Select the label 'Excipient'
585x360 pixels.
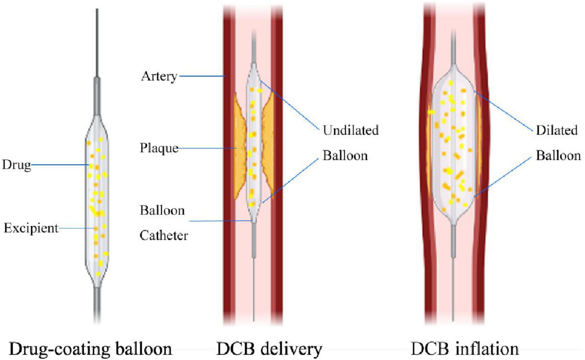coord(30,227)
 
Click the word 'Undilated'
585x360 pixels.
coord(350,131)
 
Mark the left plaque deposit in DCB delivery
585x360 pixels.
coord(239,146)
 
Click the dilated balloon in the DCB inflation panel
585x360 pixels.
coord(453,146)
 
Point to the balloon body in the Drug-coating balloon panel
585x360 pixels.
coord(97,195)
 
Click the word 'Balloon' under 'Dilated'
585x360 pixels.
coord(559,156)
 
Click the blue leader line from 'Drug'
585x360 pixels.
coord(58,166)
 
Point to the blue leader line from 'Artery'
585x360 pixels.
coord(200,76)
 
